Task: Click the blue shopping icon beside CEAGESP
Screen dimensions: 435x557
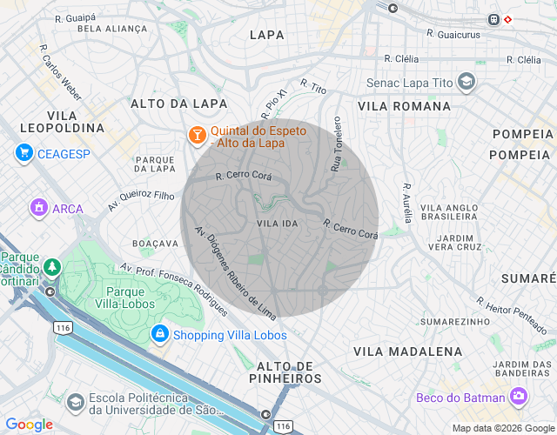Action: coord(24,153)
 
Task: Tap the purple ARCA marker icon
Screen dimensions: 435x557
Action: coord(37,208)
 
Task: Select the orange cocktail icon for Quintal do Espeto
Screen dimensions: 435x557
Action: coord(198,136)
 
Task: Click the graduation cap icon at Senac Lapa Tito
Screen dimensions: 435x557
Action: coord(467,83)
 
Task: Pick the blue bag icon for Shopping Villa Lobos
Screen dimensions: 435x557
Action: coord(159,334)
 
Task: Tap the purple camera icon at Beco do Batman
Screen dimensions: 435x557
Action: coord(519,397)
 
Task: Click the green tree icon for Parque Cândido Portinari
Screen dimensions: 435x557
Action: coord(53,266)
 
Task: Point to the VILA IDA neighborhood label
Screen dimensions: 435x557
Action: coord(278,224)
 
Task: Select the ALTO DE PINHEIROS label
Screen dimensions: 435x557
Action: coord(290,371)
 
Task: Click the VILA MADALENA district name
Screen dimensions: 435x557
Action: coord(407,351)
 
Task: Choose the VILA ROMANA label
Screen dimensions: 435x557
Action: coord(404,105)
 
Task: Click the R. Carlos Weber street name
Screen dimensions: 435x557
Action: coord(61,80)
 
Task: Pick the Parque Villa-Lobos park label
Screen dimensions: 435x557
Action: coord(131,298)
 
